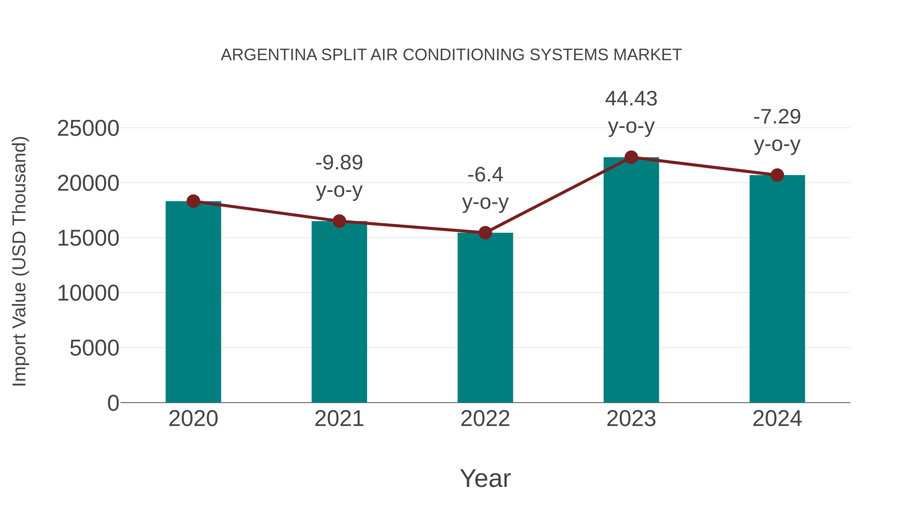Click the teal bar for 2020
click(193, 302)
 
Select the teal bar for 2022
click(485, 317)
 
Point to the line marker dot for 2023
click(631, 157)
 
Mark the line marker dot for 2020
click(193, 201)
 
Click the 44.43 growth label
click(631, 99)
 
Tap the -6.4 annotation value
click(485, 175)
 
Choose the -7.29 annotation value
click(777, 117)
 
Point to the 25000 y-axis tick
click(88, 128)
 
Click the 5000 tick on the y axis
click(94, 348)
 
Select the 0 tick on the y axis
click(113, 403)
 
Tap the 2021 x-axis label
click(339, 419)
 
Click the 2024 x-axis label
click(777, 419)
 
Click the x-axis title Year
click(485, 478)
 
